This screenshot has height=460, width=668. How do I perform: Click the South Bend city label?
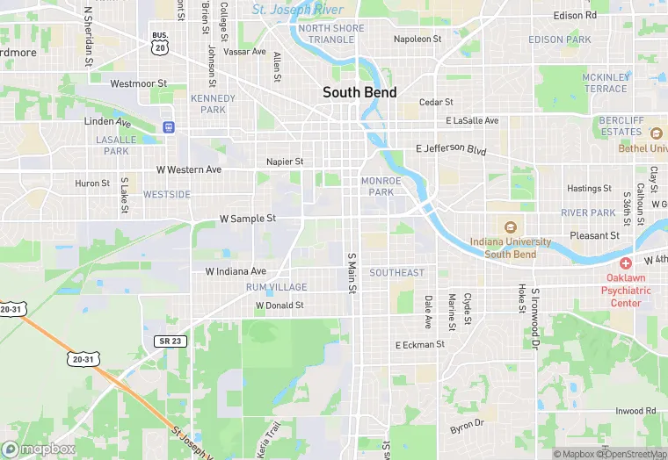click(x=359, y=92)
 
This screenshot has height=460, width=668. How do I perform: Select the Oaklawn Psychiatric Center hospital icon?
click(x=626, y=263)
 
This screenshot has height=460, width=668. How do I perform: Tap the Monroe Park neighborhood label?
click(x=381, y=186)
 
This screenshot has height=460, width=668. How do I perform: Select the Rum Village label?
click(x=276, y=287)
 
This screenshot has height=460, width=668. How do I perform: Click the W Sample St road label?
click(x=247, y=218)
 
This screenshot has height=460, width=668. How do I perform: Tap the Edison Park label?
click(x=560, y=40)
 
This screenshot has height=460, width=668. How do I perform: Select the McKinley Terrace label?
click(x=606, y=83)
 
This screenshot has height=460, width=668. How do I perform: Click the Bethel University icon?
click(x=655, y=133)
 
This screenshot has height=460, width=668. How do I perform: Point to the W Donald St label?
click(x=280, y=305)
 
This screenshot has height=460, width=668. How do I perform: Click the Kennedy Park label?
click(x=213, y=104)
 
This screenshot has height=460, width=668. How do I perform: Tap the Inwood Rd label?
click(x=635, y=410)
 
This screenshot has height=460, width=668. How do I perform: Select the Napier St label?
click(x=285, y=162)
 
